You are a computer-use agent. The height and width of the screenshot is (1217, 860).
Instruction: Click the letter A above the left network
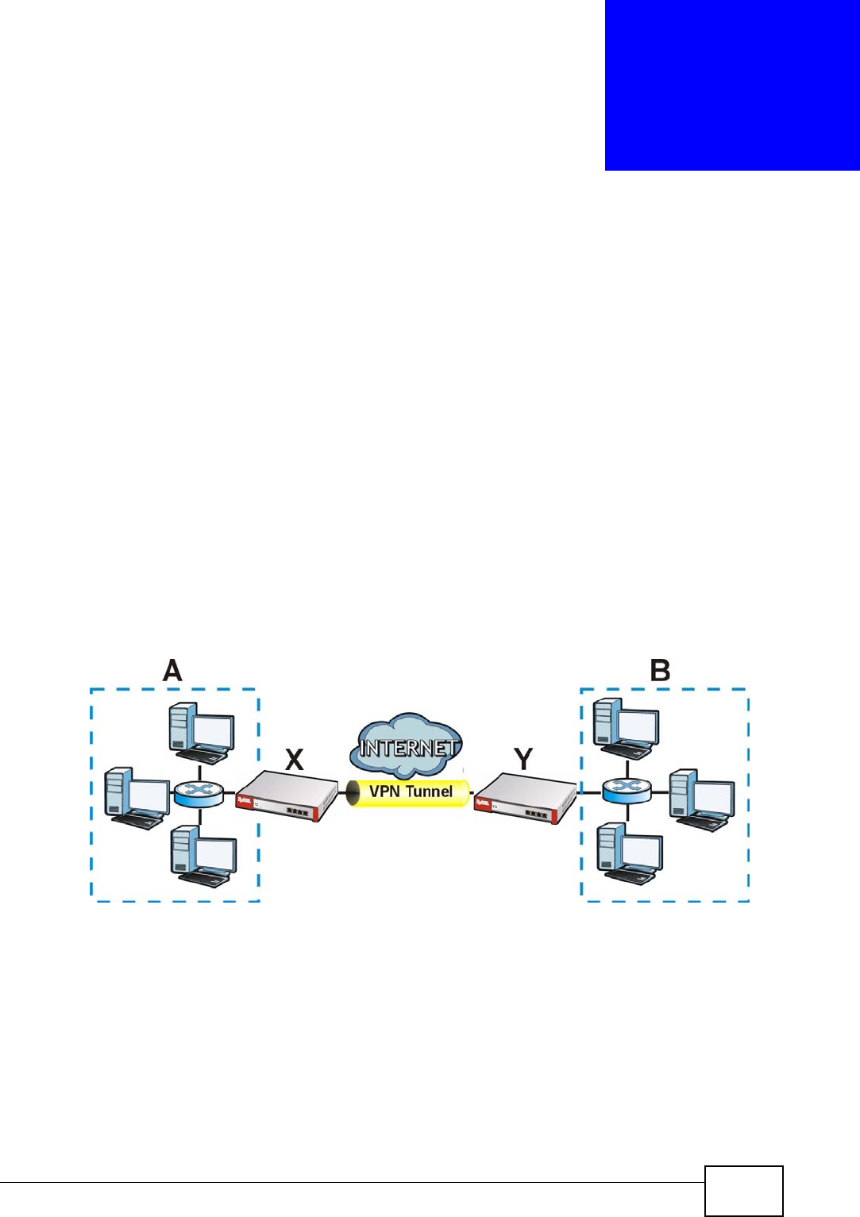pos(172,671)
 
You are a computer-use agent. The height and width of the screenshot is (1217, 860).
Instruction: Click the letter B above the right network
pos(660,671)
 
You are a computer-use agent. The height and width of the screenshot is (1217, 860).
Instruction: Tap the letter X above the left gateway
pos(295,760)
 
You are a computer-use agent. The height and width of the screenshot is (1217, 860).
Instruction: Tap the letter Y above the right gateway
pos(523,759)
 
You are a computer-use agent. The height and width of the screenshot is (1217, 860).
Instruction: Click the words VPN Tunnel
pos(411,791)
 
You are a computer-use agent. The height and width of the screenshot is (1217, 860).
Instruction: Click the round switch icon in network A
pos(199,792)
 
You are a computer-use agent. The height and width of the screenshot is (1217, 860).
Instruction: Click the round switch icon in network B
pos(627,790)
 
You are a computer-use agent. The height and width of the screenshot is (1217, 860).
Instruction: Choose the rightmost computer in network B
pos(701,799)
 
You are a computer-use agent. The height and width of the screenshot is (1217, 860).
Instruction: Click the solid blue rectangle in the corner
pos(732,85)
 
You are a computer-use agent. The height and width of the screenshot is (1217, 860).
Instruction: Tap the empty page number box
pos(743,1190)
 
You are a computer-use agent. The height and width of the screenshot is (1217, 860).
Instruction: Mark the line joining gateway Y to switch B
pos(589,792)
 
